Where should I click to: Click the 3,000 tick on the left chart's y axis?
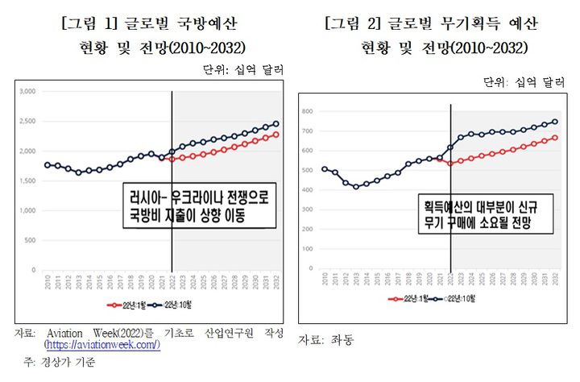(x=27, y=92)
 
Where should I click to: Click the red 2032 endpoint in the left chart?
(x=276, y=134)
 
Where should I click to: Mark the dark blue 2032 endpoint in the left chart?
(x=276, y=124)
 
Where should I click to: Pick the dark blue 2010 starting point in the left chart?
(x=48, y=164)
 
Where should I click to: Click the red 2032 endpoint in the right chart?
(x=555, y=138)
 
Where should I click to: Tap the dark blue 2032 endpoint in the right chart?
(x=555, y=122)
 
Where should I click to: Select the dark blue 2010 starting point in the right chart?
(x=325, y=169)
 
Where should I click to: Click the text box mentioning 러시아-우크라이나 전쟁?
(x=197, y=206)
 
